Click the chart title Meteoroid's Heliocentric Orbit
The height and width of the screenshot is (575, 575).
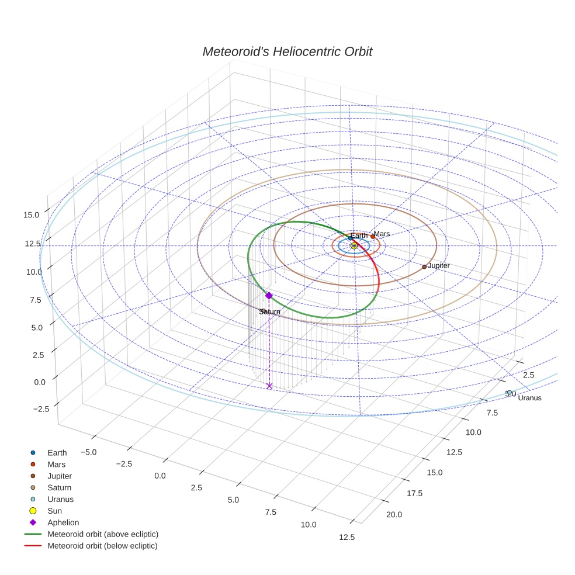click(287, 51)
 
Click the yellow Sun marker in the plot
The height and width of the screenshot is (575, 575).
click(354, 246)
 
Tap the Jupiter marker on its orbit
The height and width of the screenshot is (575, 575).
click(424, 266)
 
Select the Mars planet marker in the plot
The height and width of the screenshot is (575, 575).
click(373, 237)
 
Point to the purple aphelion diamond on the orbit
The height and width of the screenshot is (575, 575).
click(269, 296)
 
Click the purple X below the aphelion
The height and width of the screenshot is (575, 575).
click(269, 386)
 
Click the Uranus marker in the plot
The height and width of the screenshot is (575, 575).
click(510, 393)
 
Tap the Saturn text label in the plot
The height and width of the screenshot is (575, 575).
click(269, 312)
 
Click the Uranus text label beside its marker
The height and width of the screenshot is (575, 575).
click(529, 398)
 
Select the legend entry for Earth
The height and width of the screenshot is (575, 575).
click(57, 452)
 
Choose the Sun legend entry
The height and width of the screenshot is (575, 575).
click(54, 511)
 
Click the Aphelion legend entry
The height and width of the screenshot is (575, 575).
click(63, 522)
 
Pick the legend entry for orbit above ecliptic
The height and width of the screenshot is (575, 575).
click(102, 534)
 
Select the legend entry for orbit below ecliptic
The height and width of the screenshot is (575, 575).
click(102, 546)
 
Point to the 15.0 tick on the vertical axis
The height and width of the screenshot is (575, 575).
click(32, 215)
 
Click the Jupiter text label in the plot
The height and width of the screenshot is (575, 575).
click(438, 266)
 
